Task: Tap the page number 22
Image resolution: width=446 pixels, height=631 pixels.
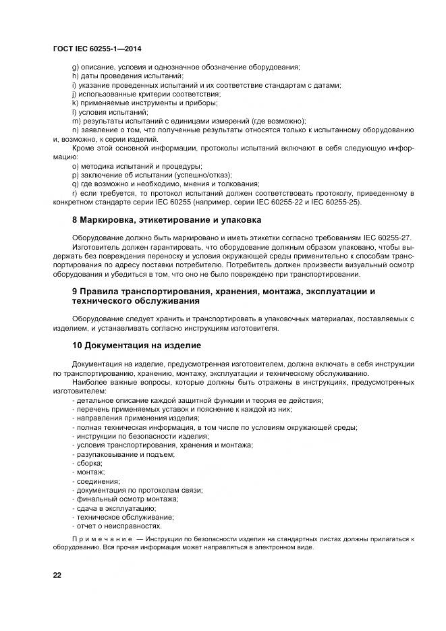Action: [57, 574]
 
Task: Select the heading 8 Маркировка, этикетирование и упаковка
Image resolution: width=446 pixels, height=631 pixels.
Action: [167, 220]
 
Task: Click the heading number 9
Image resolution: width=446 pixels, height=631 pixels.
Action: [75, 291]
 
